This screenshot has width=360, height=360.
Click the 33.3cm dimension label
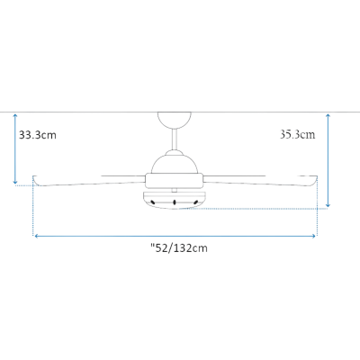pos(38,135)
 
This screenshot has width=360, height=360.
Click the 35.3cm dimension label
pos(298,134)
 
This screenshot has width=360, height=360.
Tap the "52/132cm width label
pos(179,248)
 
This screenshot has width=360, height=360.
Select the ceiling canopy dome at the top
pos(175,120)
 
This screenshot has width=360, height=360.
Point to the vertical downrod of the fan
pos(175,139)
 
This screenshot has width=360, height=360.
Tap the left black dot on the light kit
pos(153,202)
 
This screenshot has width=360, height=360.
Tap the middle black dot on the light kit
pos(175,202)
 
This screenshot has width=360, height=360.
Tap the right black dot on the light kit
pos(196,202)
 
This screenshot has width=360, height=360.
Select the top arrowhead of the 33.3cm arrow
pos(15,115)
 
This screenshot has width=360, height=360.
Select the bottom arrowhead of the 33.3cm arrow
pos(15,182)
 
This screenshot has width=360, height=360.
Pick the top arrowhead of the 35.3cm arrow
pos(328,115)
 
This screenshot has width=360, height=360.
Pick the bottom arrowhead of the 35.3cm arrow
pos(328,205)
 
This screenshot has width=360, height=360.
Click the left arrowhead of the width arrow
pos(37,237)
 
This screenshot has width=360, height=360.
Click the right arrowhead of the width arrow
pos(314,237)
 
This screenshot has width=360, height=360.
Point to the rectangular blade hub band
pos(175,181)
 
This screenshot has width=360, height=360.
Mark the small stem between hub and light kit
pos(175,190)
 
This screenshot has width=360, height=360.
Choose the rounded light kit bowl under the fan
pos(175,200)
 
